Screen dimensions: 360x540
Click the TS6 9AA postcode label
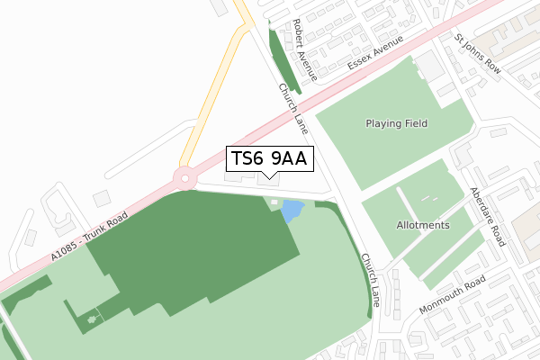(x=269, y=159)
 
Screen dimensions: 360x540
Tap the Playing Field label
(x=396, y=123)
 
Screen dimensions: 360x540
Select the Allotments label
(x=422, y=225)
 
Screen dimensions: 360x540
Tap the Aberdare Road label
(x=487, y=219)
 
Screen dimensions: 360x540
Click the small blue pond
(x=292, y=212)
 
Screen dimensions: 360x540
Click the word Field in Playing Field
(x=414, y=123)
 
